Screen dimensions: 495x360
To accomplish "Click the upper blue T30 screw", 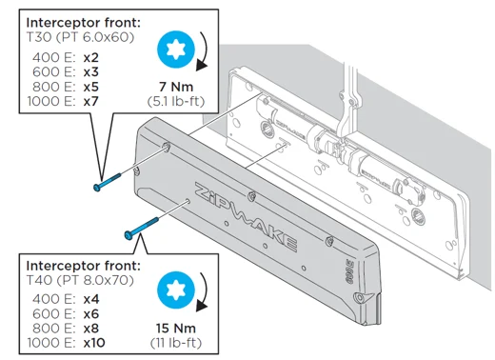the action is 108,182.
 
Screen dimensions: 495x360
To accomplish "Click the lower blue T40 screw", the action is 141,229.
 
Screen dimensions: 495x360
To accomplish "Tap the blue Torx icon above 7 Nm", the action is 176,50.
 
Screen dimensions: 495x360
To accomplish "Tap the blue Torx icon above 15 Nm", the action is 176,290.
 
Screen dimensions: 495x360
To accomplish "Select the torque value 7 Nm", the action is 176,87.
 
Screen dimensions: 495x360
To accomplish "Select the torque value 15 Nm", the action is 176,329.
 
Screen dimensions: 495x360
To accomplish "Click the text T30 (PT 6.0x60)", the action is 80,37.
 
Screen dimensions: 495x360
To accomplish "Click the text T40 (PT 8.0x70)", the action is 80,280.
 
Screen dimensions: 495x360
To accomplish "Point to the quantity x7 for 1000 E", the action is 91,102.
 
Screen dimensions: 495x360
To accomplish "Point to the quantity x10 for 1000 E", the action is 94,343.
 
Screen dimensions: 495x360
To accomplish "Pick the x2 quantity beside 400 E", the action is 91,58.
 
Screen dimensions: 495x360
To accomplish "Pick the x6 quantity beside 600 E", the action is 91,314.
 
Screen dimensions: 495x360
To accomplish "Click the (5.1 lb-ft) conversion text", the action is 176,102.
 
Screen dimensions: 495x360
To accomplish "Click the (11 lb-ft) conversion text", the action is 176,343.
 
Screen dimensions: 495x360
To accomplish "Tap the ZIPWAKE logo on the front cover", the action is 246,217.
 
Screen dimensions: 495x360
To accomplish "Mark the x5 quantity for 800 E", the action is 91,87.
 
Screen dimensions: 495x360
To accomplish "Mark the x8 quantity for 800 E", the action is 91,329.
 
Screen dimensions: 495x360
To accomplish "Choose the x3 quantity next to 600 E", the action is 91,72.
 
